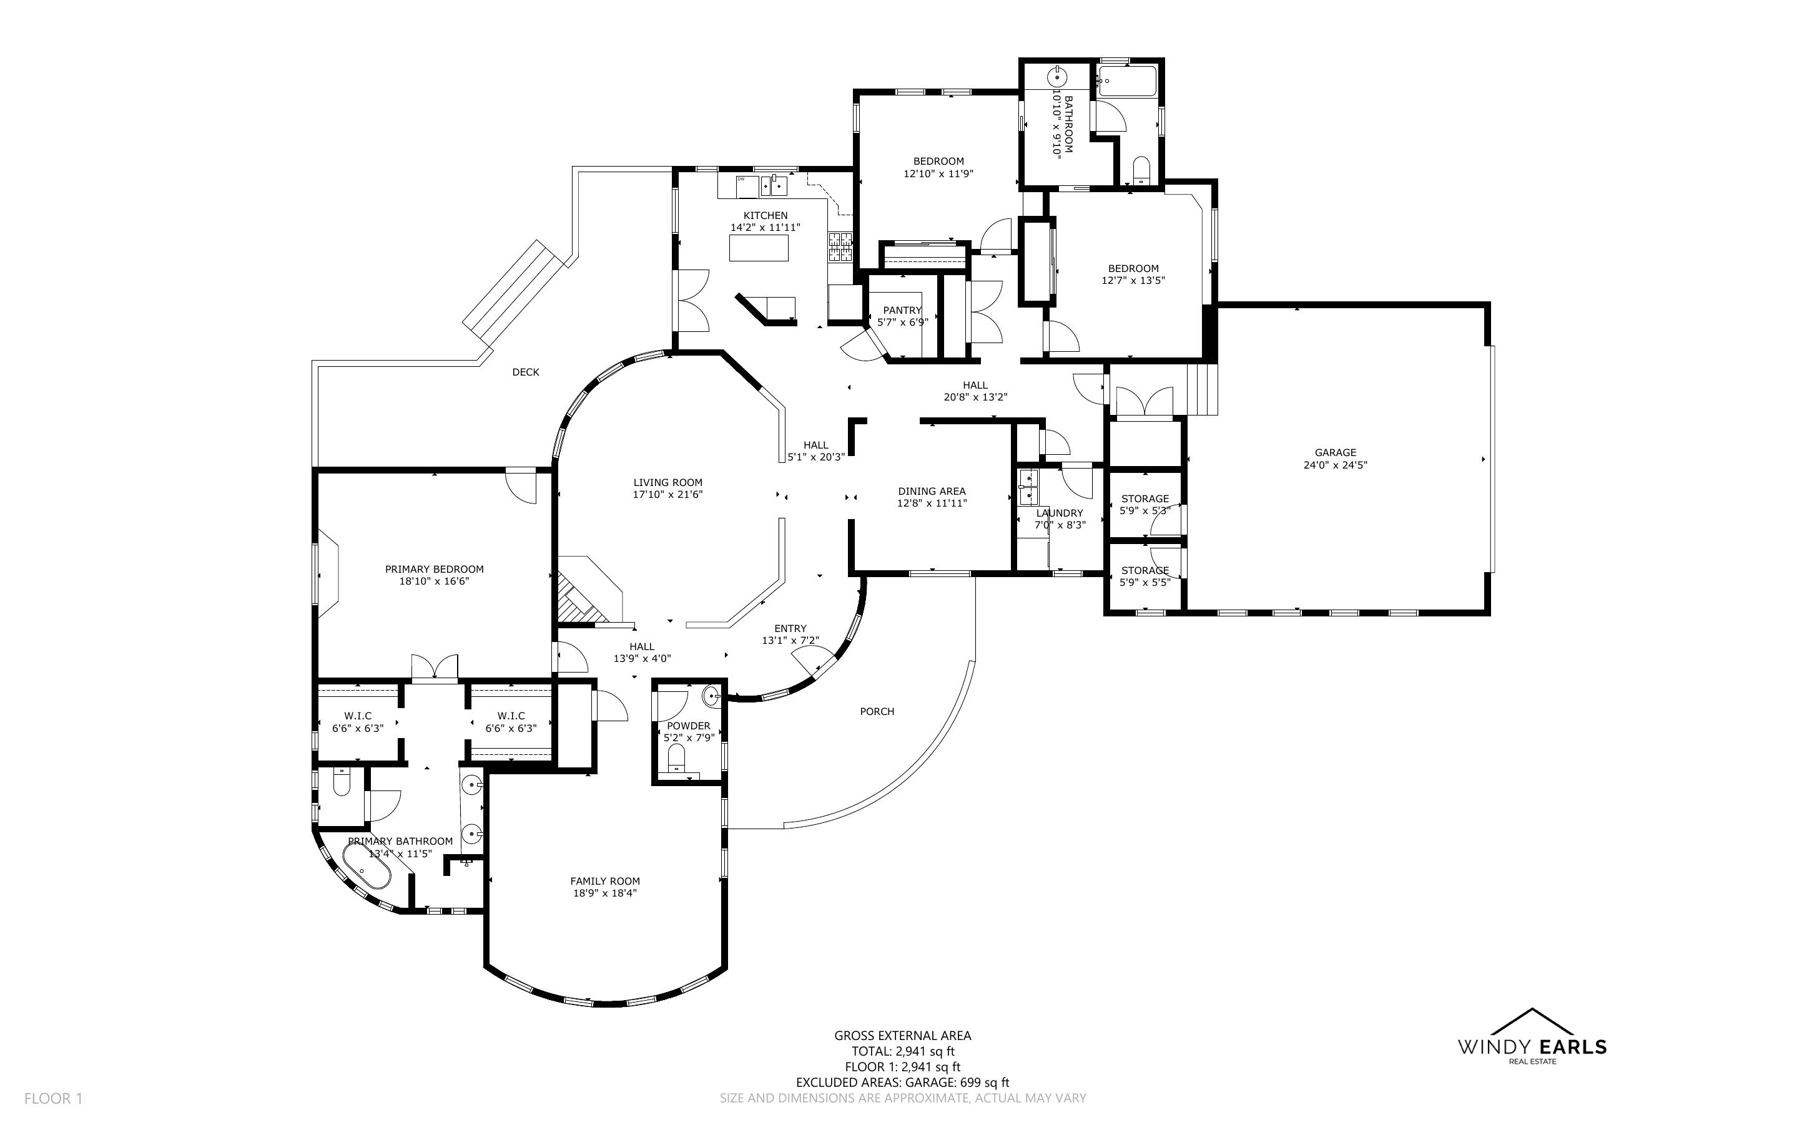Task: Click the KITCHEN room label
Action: point(765,216)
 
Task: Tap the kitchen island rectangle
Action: point(758,248)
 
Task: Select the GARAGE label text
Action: point(1336,452)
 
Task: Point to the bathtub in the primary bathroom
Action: point(367,869)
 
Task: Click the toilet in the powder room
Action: point(676,760)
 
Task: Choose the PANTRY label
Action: point(902,310)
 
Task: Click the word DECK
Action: point(526,372)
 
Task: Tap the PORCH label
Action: point(877,712)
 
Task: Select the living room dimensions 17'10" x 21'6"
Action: point(668,495)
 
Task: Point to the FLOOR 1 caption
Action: point(53,1098)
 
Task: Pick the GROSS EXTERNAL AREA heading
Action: point(902,1036)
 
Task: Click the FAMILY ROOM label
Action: point(605,881)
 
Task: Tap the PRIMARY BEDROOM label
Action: point(435,569)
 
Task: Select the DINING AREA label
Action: point(932,491)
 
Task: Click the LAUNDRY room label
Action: point(1059,513)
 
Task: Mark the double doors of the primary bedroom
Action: point(435,667)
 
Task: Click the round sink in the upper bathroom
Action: point(1058,77)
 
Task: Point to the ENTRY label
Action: point(790,629)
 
